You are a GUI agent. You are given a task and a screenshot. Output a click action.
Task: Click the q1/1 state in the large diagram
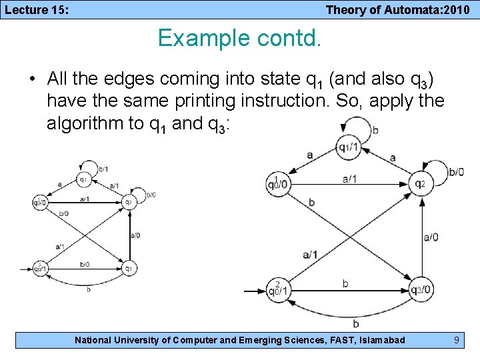coord(349,147)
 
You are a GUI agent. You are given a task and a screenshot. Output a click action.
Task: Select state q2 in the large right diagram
coord(419,183)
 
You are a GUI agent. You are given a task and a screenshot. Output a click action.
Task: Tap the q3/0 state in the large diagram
coord(421,289)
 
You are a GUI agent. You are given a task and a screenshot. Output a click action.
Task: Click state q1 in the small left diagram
coord(83,179)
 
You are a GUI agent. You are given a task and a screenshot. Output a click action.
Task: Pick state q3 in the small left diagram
coord(130,269)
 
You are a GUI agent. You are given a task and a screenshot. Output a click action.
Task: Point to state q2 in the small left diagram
coord(130,202)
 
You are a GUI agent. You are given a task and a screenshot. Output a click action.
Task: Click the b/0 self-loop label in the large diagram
coord(456,172)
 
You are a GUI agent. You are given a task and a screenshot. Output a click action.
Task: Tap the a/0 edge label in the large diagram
coord(431,236)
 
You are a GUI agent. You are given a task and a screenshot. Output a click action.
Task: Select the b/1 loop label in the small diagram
coord(103,169)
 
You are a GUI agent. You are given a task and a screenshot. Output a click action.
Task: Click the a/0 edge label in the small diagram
coord(135,235)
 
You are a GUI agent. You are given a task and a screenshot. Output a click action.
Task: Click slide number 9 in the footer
coord(456,340)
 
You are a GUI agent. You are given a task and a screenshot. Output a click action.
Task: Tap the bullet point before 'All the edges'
coord(32,79)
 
